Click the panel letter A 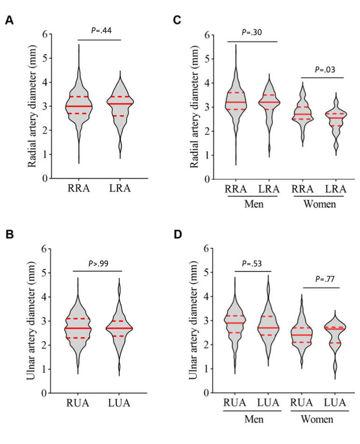click(8, 21)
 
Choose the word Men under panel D click(253, 419)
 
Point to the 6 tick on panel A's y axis click(45, 34)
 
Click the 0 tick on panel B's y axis click(45, 394)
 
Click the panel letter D click(177, 233)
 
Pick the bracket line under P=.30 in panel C click(252, 42)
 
